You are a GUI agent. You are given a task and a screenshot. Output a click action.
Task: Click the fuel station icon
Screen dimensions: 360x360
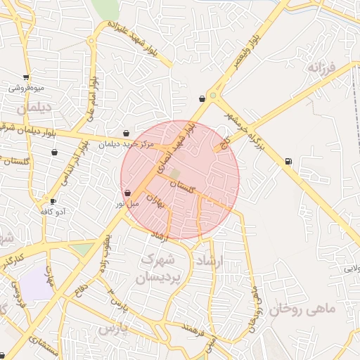(x=288, y=162)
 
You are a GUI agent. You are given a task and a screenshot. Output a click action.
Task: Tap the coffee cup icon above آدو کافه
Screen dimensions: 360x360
(x=53, y=202)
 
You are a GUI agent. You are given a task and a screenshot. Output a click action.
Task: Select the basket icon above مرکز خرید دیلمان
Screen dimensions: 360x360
(x=126, y=133)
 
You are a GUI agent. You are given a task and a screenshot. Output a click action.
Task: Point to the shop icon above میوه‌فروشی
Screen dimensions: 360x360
(x=27, y=77)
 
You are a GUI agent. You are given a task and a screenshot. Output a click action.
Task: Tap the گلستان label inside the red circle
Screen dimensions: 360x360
(x=182, y=186)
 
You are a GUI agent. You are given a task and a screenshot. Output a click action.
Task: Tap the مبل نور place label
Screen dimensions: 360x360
(x=128, y=204)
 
